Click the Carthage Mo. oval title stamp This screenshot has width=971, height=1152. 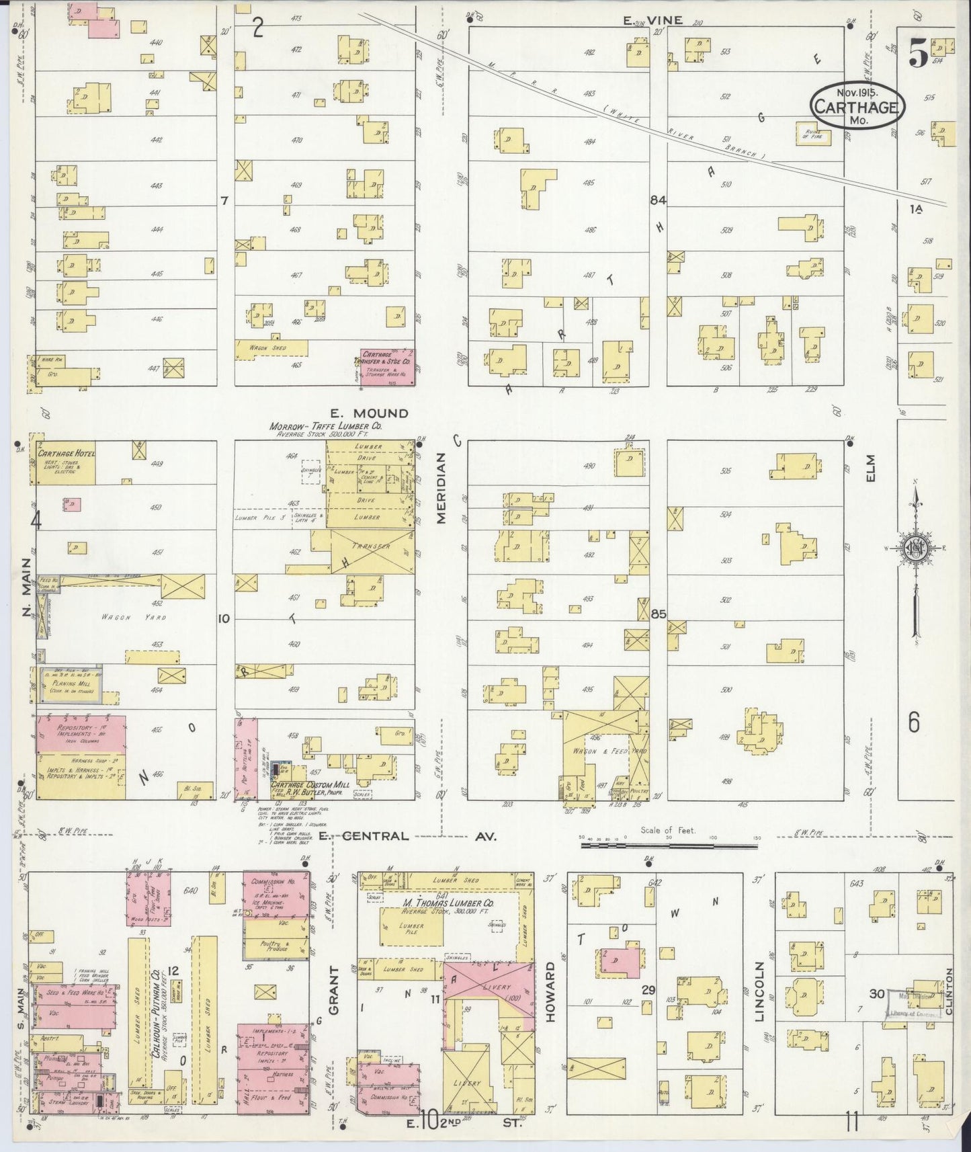(857, 106)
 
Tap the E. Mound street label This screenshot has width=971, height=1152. (369, 413)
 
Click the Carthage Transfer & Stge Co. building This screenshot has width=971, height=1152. (387, 367)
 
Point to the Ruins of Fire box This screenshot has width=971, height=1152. (813, 134)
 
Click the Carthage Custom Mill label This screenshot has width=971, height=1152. (309, 785)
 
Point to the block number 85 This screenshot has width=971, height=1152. (658, 614)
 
